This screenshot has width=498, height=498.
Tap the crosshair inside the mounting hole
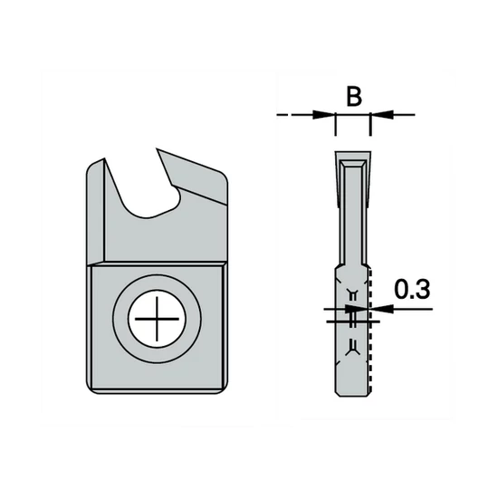tap(156, 322)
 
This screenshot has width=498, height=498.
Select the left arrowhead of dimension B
tap(326, 115)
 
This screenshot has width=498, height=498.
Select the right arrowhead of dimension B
tap(378, 115)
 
